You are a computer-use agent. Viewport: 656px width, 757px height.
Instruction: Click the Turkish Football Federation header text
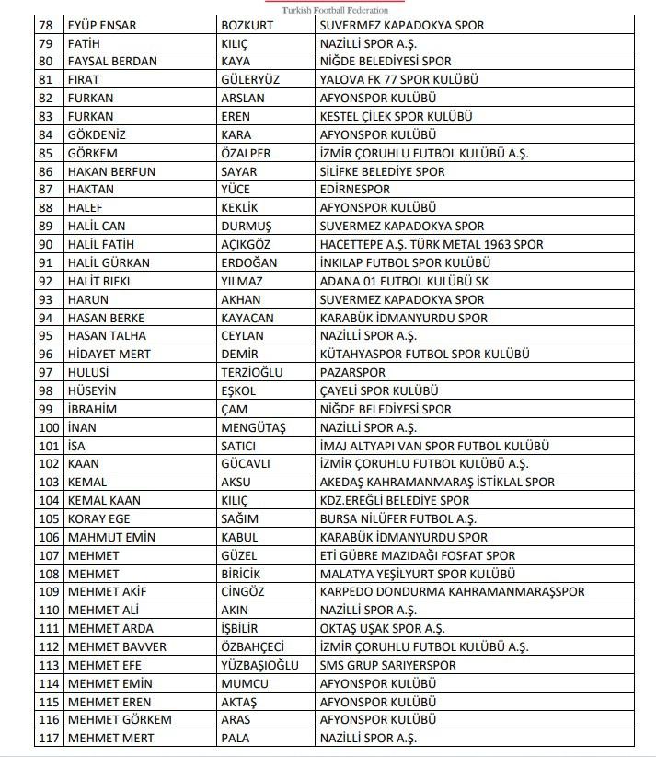click(x=328, y=10)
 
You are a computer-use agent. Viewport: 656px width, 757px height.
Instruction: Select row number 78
click(x=46, y=25)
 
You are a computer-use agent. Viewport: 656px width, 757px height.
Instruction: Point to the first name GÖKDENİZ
click(x=97, y=134)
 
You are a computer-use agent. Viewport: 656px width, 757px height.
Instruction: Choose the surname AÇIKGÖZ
click(x=252, y=244)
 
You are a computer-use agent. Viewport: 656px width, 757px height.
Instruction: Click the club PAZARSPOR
click(x=352, y=372)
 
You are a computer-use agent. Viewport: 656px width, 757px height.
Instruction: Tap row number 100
click(x=48, y=427)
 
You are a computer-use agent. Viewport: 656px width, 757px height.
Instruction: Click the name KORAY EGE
click(x=99, y=518)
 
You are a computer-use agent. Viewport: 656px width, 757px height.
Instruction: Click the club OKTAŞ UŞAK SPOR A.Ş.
click(x=383, y=628)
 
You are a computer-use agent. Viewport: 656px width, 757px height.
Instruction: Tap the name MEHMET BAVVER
click(x=117, y=646)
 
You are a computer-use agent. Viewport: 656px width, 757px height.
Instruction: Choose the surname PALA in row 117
click(x=236, y=738)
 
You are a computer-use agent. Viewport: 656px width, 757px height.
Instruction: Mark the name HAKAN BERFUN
click(x=111, y=171)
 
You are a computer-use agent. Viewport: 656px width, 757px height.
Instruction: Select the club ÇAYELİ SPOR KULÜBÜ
click(x=379, y=390)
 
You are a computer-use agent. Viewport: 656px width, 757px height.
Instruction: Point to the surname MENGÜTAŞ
click(x=253, y=427)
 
